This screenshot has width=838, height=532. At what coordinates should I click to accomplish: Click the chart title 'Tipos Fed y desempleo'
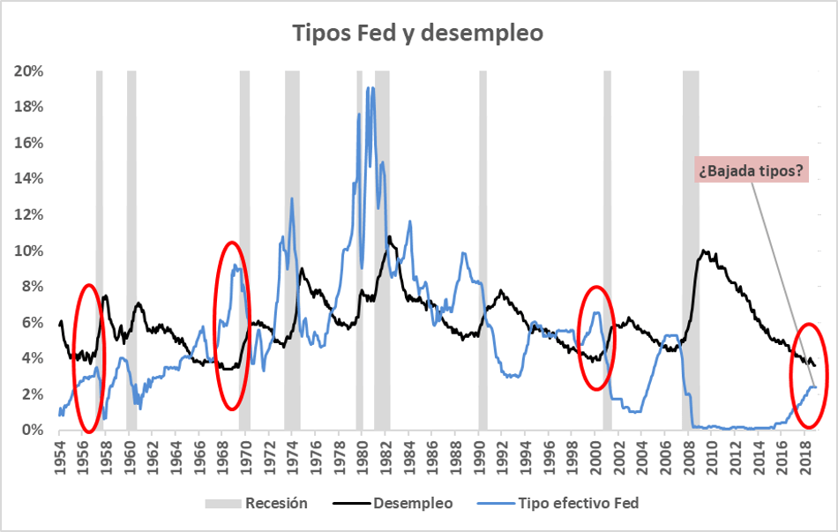tap(418, 34)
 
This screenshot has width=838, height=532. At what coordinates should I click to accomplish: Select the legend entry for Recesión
tap(256, 504)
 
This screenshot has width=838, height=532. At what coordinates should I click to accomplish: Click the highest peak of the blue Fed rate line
tap(373, 87)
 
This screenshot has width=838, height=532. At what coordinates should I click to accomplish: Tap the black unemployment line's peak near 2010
tap(704, 251)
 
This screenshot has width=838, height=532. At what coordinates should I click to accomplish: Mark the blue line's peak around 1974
tap(292, 199)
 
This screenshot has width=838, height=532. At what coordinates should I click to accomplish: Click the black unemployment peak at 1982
tap(389, 236)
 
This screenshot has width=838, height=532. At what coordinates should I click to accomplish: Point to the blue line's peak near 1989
tap(463, 253)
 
